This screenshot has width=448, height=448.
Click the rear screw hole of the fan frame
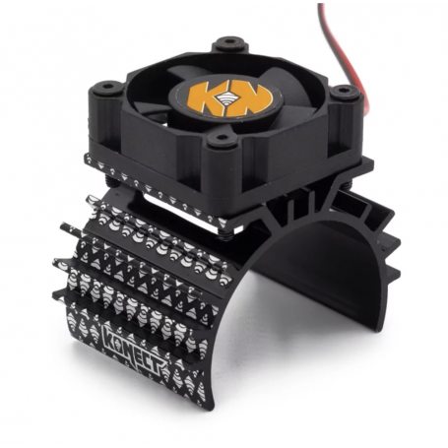tap(227, 44)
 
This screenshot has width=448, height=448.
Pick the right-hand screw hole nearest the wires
tap(343, 95)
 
